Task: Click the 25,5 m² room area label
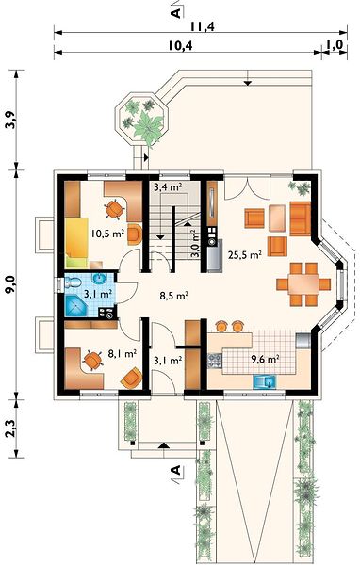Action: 245,255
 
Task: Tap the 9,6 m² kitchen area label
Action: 266,359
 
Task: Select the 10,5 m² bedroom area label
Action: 107,234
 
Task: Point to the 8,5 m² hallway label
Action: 174,296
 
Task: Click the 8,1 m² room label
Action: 123,353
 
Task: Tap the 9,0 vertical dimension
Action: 11,283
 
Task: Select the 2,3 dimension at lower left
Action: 11,428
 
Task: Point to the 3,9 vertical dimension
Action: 11,120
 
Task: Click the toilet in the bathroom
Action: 73,282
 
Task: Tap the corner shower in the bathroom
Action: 75,306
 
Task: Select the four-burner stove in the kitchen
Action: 215,361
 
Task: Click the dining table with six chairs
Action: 303,284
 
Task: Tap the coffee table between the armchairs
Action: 277,218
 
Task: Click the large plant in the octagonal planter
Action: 148,126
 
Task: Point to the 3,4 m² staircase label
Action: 168,187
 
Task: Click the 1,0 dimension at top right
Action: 335,45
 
